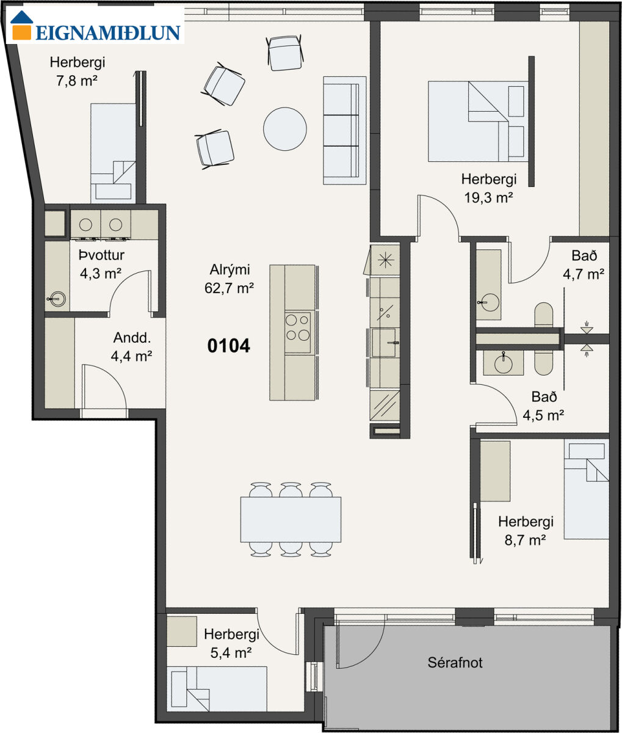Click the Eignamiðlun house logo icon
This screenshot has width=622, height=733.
[x=21, y=25]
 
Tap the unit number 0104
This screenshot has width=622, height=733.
[x=229, y=346]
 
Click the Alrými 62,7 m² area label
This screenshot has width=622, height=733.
[x=230, y=279]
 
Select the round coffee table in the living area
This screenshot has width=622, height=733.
[x=285, y=129]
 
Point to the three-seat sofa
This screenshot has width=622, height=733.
[x=344, y=131]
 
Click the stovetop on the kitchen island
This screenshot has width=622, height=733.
[x=298, y=333]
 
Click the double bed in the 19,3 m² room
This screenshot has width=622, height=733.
[x=477, y=122]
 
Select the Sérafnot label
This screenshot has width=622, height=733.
[x=455, y=663]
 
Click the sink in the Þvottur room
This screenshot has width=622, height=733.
[x=57, y=299]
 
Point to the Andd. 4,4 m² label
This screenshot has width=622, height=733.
[x=132, y=347]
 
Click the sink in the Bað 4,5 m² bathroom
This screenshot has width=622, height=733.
[x=503, y=363]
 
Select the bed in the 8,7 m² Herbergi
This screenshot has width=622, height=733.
[x=586, y=490]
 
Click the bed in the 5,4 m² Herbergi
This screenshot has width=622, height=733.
[x=217, y=689]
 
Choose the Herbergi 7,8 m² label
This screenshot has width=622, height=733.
[x=78, y=71]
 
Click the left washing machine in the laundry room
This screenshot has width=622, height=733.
[x=86, y=225]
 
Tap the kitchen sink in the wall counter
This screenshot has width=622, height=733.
[x=384, y=343]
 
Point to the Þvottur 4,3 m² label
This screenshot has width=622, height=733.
[x=101, y=264]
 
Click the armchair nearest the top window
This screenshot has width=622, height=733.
[x=285, y=53]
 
